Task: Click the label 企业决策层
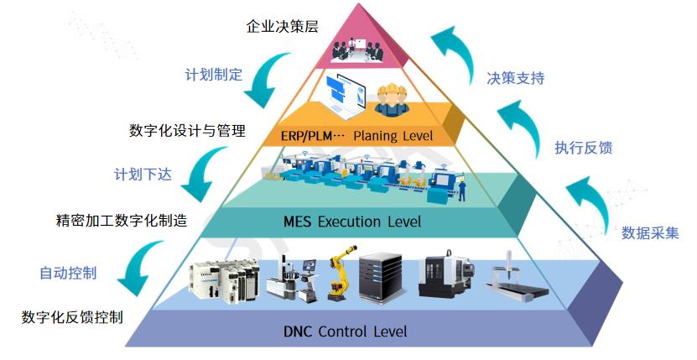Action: click(x=282, y=27)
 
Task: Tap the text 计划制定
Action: click(x=214, y=75)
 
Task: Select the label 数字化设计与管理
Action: click(x=187, y=131)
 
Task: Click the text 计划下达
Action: click(x=143, y=175)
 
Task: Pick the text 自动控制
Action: click(x=68, y=273)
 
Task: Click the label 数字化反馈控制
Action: click(x=72, y=317)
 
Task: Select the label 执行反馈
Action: click(x=583, y=149)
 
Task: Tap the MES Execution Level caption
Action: click(x=352, y=222)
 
